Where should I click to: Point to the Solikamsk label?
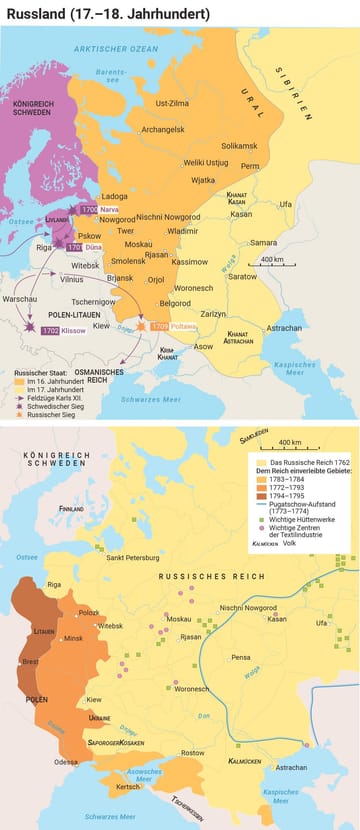(238, 146)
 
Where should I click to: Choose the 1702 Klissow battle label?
(57, 329)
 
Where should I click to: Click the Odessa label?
(67, 761)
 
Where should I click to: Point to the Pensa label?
(240, 657)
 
